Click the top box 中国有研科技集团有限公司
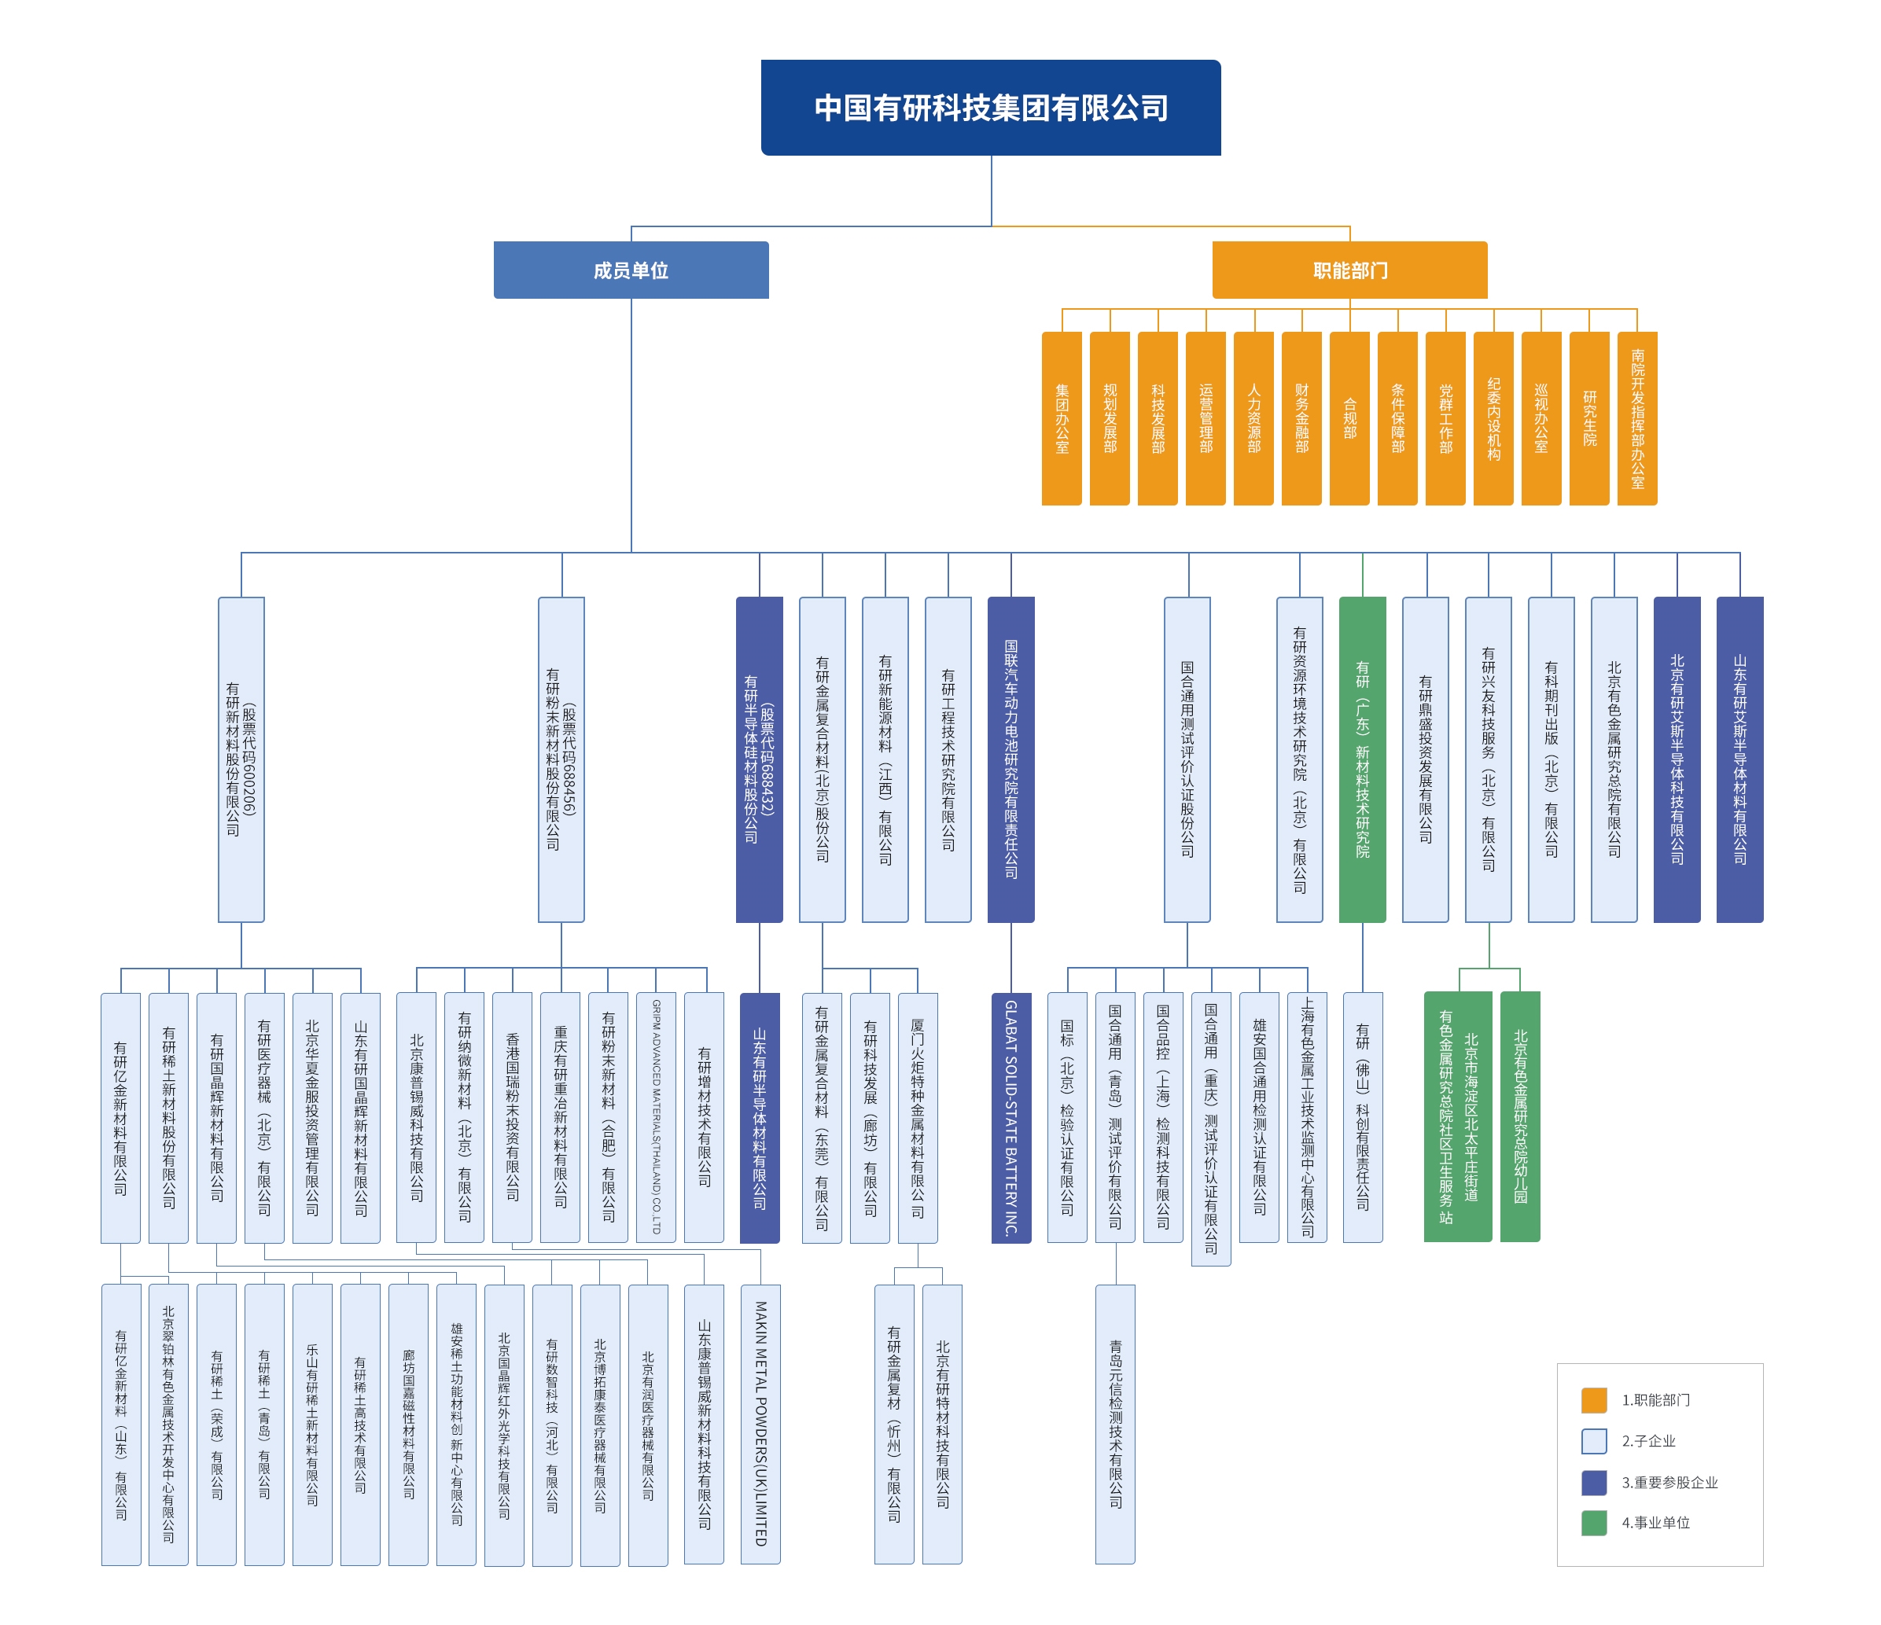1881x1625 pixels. tap(990, 108)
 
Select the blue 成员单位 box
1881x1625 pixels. tap(631, 270)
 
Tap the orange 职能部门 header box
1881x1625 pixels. tap(1349, 270)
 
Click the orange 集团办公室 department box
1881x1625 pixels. tap(1062, 418)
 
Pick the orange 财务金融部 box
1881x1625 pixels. tap(1301, 418)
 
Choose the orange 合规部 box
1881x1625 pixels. tap(1349, 418)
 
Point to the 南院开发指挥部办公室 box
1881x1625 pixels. tap(1636, 418)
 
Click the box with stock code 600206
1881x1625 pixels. tap(241, 759)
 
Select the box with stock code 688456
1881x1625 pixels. tap(561, 759)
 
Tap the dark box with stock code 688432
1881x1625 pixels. tap(759, 759)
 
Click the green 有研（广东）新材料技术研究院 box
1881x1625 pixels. tap(1362, 759)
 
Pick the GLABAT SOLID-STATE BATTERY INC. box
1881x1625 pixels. tap(1010, 1117)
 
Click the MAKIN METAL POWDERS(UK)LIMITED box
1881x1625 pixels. tap(760, 1424)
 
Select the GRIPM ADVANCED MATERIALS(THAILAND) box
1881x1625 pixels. tap(657, 1117)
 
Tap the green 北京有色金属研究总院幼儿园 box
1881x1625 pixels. tap(1520, 1116)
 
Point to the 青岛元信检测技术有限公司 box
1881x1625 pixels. tap(1115, 1424)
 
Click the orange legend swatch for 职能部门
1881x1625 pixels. tap(1593, 1400)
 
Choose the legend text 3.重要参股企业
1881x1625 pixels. tap(1669, 1483)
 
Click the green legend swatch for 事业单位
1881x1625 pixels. tap(1593, 1523)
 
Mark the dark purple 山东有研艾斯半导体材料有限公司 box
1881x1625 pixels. tap(1739, 759)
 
